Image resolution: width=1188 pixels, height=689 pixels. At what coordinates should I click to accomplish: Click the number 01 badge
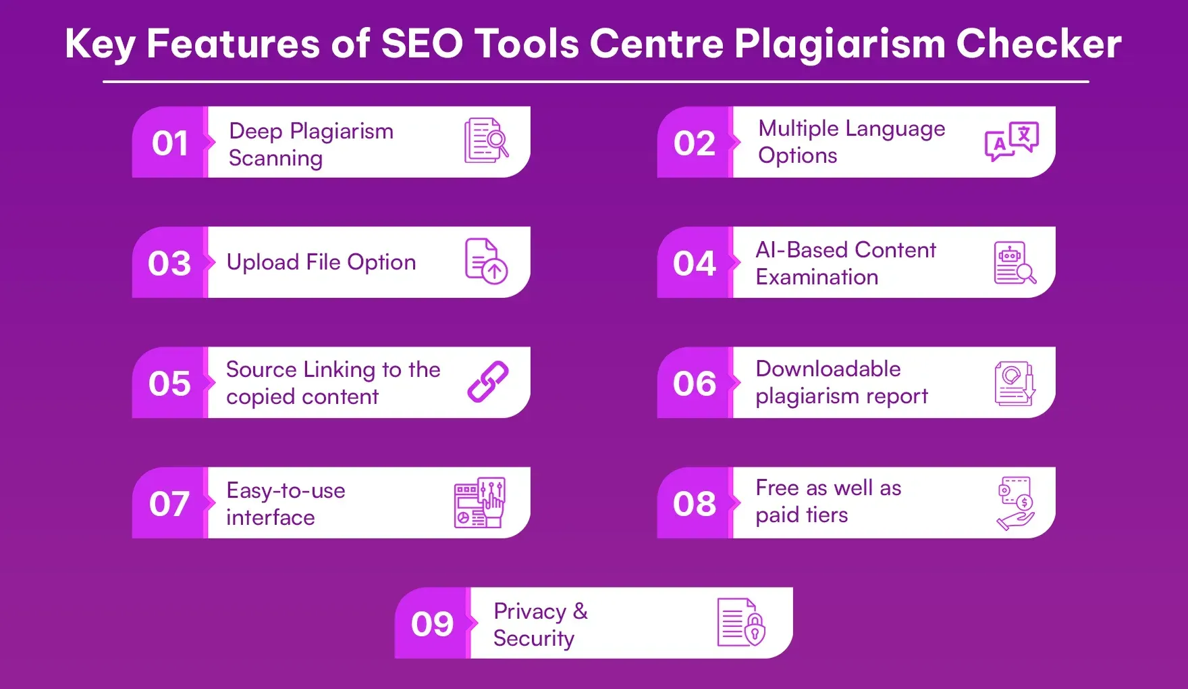pos(169,143)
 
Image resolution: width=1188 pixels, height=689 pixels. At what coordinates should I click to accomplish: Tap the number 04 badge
pos(694,263)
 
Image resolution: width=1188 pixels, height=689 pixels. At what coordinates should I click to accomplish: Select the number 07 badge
pos(169,504)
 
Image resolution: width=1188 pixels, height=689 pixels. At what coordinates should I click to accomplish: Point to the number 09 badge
pos(432,624)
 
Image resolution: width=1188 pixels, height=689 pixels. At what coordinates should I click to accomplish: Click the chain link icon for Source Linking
pos(487,382)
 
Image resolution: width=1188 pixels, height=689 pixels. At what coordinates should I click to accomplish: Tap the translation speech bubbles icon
pos(1011,141)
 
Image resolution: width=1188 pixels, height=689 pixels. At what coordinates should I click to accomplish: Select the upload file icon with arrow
pos(486,261)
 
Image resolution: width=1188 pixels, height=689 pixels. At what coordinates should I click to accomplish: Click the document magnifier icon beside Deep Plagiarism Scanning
pos(486,141)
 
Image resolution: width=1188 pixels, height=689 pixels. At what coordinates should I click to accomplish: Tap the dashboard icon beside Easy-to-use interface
pos(479,503)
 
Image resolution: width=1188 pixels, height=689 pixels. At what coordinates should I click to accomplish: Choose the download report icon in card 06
pos(1015,383)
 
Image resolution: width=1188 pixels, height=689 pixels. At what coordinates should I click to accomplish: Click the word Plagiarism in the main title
pos(840,45)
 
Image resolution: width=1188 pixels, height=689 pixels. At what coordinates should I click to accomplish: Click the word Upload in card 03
pos(263,262)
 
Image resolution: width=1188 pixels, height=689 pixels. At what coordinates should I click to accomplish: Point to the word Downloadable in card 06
pos(828,369)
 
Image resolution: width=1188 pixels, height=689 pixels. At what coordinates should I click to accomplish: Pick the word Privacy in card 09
pos(530,611)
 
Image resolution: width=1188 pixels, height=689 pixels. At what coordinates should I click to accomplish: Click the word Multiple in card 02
pos(798,128)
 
